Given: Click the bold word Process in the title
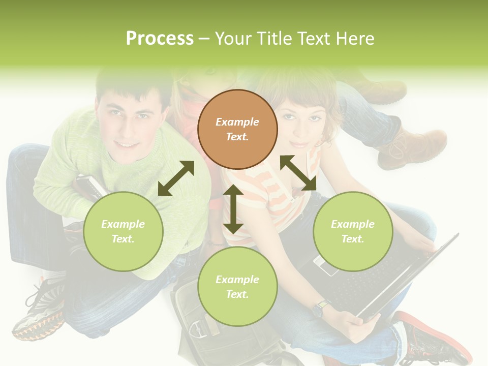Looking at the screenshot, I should coord(160,39).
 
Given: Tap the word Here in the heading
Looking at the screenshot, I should coord(354,39).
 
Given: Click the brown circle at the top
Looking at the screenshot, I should coord(237,129).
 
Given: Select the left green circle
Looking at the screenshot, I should coord(123,231).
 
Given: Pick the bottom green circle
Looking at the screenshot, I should coord(237,287).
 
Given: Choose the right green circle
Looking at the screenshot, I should coord(353,231).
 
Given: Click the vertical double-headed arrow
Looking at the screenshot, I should coord(233,209).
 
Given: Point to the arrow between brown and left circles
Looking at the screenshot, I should coord(176,178).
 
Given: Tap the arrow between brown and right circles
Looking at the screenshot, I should coord(298,173).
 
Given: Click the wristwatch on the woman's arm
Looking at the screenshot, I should coord(320,308).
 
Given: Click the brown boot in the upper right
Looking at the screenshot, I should coord(412,147).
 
